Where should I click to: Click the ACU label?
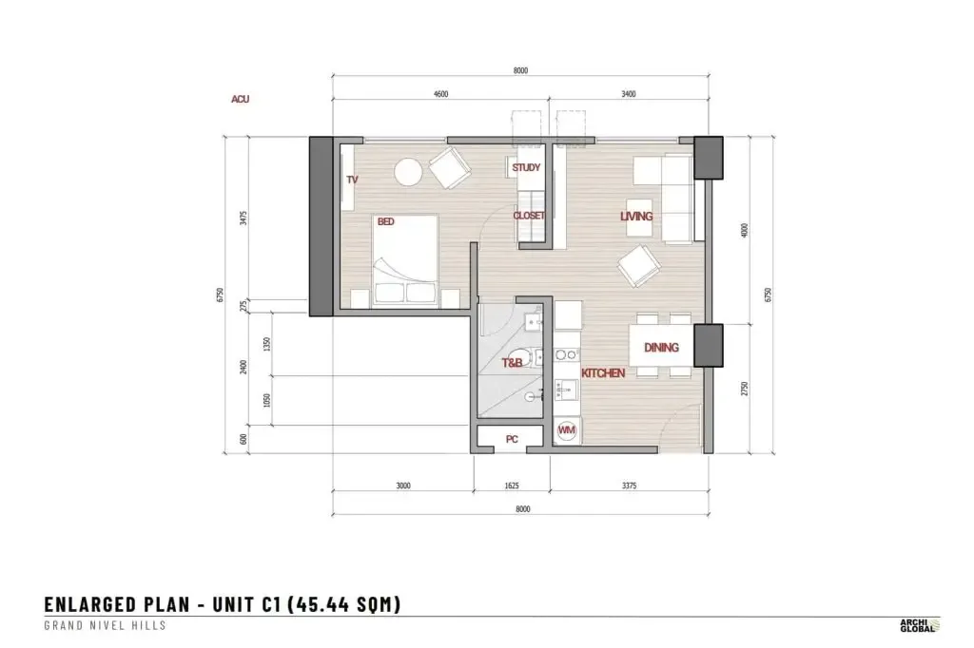point(241,99)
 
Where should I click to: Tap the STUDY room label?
point(526,167)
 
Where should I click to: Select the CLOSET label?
point(529,216)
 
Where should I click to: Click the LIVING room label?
point(636,216)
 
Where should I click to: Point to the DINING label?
point(661,348)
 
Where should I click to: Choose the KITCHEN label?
point(602,373)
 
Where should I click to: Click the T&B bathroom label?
point(512,363)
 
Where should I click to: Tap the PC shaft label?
point(512,440)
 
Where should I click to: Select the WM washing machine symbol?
point(567,430)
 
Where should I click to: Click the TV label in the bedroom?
point(352,180)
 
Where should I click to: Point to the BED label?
point(386,221)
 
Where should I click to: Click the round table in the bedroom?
point(409,172)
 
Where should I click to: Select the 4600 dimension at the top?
point(440,94)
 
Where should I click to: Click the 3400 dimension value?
point(629,94)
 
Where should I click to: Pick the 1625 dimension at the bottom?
point(511,486)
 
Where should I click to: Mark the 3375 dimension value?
point(630,486)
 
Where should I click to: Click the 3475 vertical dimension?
point(243,218)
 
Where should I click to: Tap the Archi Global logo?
point(920,625)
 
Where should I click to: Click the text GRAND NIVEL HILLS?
point(105,625)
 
